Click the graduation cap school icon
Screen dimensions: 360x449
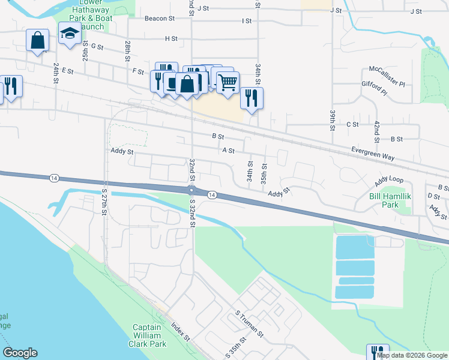(x=70, y=35)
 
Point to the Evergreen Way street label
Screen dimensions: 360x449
(x=373, y=153)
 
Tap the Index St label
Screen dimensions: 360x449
(x=180, y=330)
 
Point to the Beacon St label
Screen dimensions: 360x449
(x=159, y=19)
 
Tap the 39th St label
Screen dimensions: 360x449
(x=332, y=120)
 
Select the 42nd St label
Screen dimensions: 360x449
(x=376, y=131)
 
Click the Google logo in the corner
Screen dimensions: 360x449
(x=20, y=353)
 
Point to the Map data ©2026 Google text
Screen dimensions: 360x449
(x=412, y=355)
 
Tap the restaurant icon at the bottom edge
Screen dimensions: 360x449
(x=378, y=352)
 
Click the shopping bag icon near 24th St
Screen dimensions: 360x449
(x=37, y=41)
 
